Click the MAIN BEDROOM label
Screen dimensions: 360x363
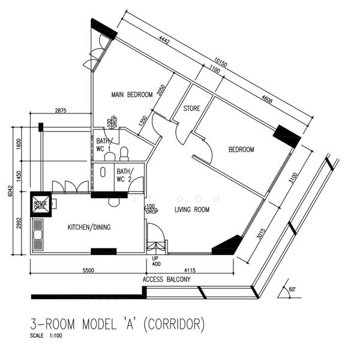click(131, 95)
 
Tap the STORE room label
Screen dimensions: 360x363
click(192, 109)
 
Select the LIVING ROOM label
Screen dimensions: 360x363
click(192, 210)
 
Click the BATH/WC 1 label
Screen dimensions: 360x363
click(103, 145)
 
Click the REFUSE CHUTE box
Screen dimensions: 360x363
click(41, 204)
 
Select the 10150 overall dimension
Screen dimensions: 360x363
click(221, 61)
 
